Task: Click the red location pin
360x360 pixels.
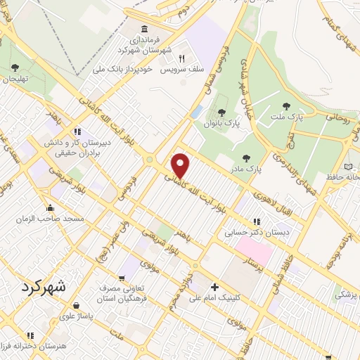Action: click(181, 165)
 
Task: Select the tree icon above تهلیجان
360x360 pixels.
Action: click(15, 67)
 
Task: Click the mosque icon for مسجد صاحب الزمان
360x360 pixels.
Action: click(49, 208)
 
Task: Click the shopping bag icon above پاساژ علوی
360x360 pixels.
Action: click(75, 306)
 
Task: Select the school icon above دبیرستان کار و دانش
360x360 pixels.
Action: click(78, 131)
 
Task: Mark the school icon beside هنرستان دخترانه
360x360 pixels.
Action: click(29, 336)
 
